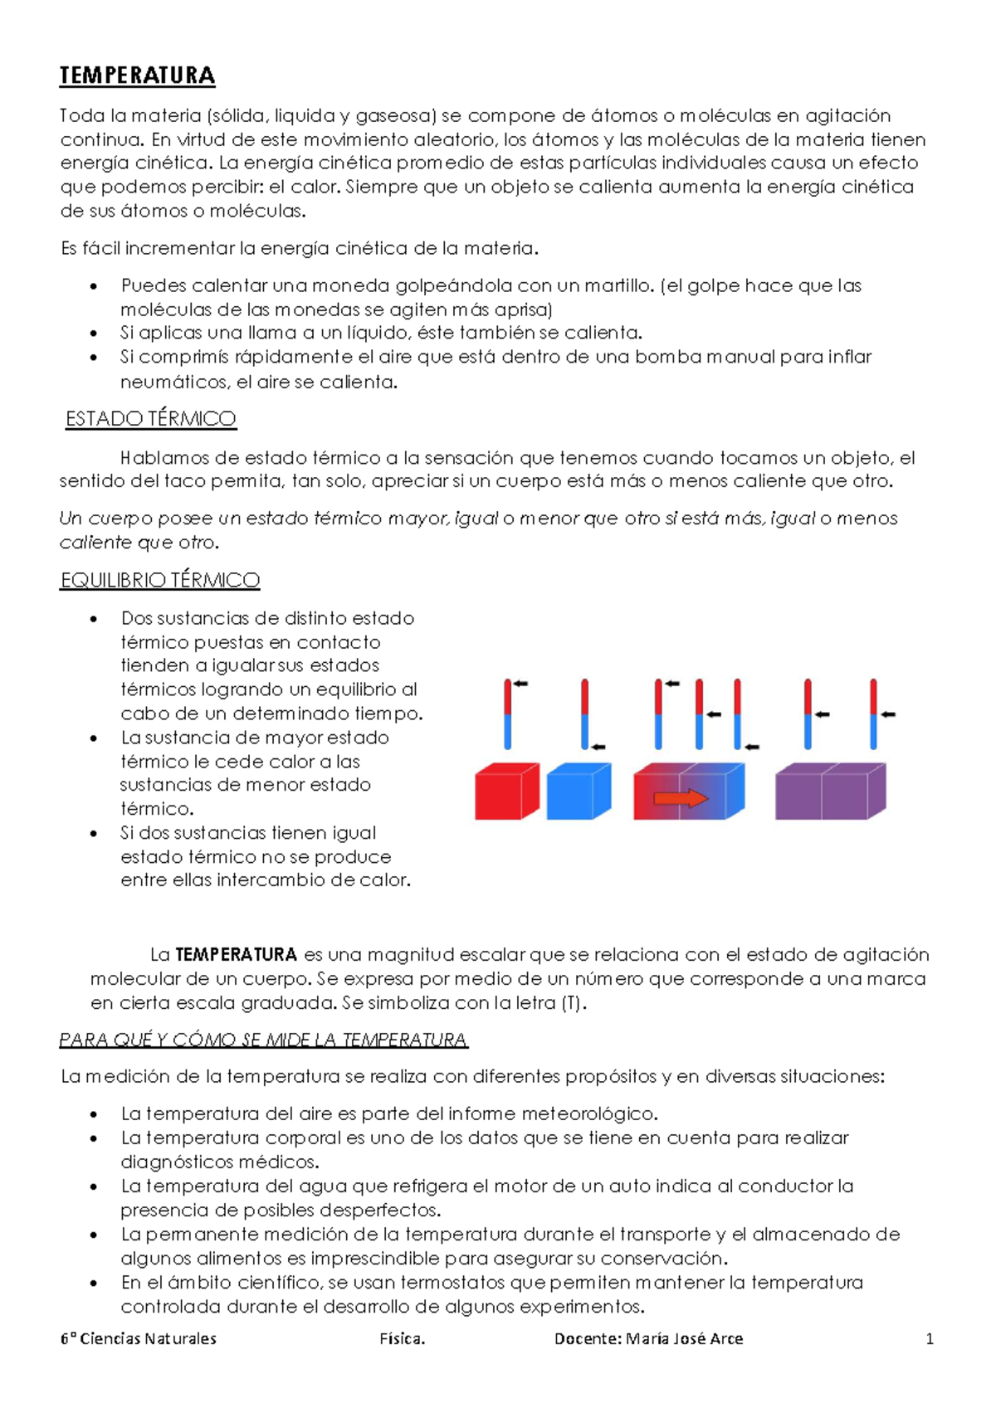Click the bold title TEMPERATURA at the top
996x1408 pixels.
137,76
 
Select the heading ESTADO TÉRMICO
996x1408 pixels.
151,419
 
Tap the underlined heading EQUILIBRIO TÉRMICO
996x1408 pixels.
160,580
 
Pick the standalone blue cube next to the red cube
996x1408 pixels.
575,794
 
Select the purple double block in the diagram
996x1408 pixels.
828,792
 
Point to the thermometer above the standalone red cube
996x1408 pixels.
508,714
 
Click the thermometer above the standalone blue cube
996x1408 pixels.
584,714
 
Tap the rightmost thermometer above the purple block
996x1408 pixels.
873,714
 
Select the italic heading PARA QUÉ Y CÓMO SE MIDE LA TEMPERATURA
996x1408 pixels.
264,1040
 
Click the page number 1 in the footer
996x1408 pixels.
930,1338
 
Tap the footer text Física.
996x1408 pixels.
403,1338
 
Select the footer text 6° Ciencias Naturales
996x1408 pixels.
139,1338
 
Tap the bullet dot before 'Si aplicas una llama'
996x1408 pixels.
95,334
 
